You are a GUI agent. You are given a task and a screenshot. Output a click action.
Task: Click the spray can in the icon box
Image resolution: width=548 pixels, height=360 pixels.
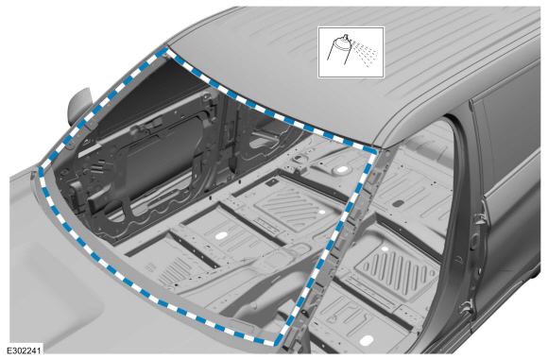(x=339, y=51)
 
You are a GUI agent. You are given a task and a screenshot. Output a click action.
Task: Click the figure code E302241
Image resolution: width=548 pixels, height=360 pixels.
(x=24, y=351)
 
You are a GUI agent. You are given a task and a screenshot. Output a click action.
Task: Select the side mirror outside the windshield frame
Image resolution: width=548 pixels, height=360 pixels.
(x=80, y=106)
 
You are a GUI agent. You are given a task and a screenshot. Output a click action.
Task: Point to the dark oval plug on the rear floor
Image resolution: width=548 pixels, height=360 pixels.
(x=398, y=203)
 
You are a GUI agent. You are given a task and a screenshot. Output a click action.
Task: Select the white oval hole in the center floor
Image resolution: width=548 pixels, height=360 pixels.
(x=219, y=235)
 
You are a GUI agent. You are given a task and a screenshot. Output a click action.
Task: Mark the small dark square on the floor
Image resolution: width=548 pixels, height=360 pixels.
(x=271, y=182)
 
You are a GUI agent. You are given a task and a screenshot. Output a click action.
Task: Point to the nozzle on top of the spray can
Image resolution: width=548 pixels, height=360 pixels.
(x=346, y=36)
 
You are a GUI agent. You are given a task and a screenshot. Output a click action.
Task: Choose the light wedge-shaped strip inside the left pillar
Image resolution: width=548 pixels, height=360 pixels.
(x=87, y=150)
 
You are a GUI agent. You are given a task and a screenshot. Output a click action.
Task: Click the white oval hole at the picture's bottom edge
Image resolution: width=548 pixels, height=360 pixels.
(x=368, y=340)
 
